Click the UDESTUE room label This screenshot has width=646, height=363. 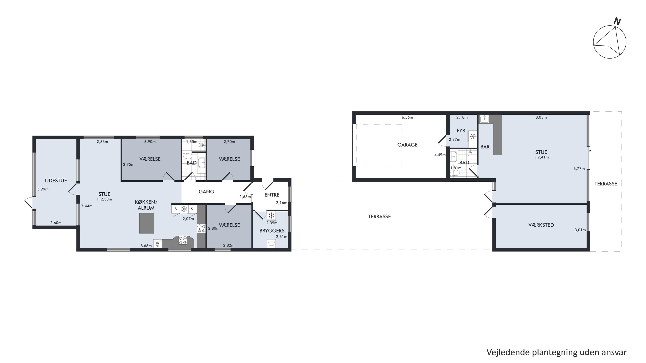click(56, 181)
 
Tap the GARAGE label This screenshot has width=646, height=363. click(407, 145)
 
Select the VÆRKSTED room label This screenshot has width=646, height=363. click(541, 225)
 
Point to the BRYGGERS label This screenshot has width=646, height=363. click(272, 230)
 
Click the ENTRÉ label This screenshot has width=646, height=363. click(272, 195)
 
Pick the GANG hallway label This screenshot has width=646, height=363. click(206, 192)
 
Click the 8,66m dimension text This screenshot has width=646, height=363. click(146, 246)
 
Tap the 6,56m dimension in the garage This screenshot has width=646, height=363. click(407, 117)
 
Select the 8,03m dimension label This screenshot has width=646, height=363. click(541, 117)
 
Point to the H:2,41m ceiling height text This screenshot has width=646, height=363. click(541, 157)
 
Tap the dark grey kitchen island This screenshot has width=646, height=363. click(147, 223)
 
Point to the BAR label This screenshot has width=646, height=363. click(485, 147)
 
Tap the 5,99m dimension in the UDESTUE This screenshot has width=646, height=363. click(43, 189)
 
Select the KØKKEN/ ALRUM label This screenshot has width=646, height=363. click(146, 205)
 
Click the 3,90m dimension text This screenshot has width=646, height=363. click(150, 142)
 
